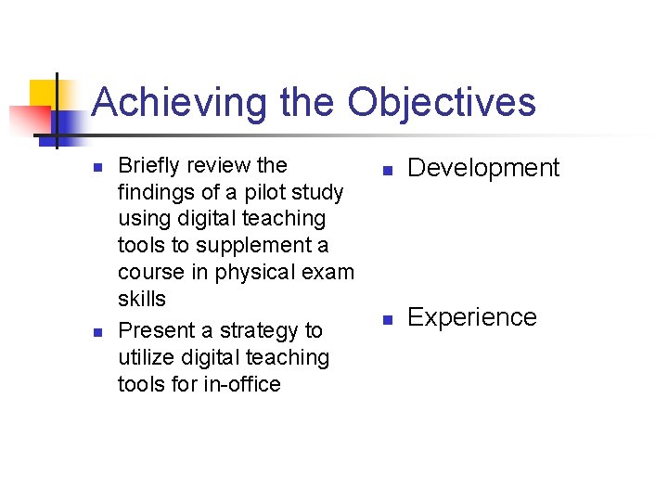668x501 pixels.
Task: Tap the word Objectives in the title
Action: pyautogui.click(x=442, y=103)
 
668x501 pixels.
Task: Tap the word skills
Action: pyautogui.click(x=142, y=299)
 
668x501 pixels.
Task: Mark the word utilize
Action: pyautogui.click(x=148, y=357)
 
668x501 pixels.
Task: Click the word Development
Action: pyautogui.click(x=483, y=168)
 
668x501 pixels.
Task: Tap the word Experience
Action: pyautogui.click(x=471, y=317)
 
